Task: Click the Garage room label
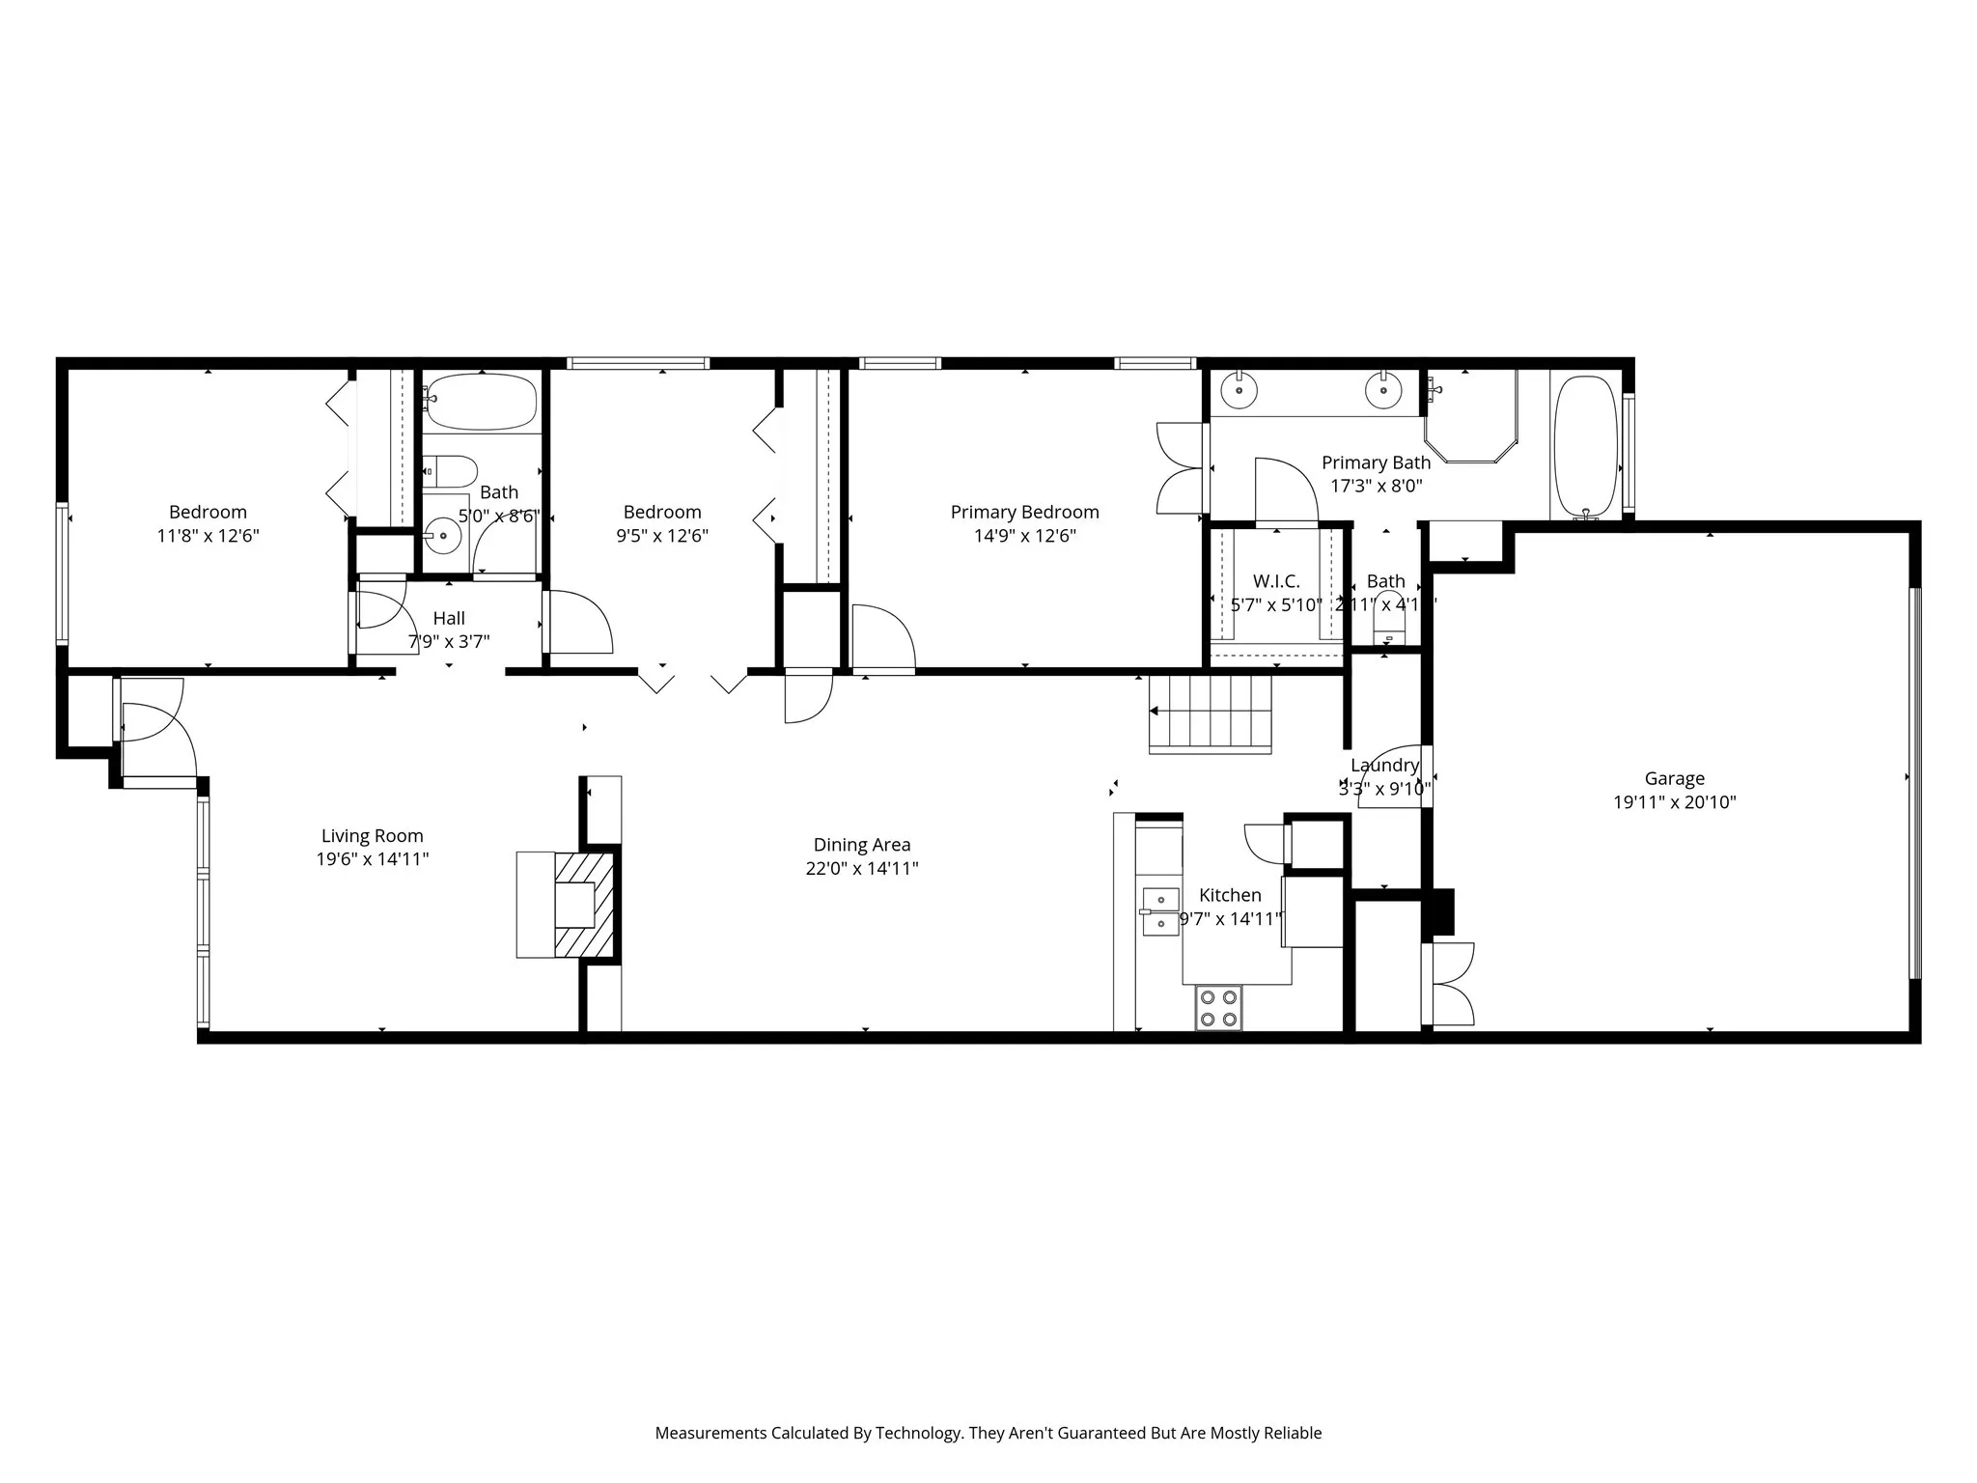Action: coord(1674,778)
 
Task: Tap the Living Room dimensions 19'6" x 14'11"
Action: coord(372,859)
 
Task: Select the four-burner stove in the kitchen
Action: coord(1218,1008)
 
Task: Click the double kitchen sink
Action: coord(1160,911)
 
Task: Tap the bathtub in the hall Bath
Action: coord(481,402)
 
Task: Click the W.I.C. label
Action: coord(1276,581)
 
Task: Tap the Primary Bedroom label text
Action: coord(1024,512)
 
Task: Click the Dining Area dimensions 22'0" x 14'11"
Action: coord(861,868)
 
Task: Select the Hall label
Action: coord(449,618)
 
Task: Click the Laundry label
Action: coord(1384,765)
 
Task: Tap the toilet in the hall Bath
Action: coord(452,472)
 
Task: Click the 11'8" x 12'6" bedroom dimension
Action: coord(208,536)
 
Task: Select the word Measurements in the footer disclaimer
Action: coord(710,1433)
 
